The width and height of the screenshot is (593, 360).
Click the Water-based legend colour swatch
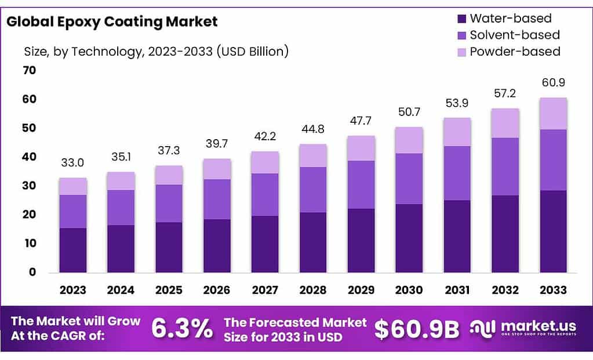[x=461, y=19]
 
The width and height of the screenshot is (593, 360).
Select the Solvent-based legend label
[x=515, y=35]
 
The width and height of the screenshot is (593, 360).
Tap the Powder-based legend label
[x=515, y=52]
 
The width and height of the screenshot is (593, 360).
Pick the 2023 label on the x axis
[x=72, y=290]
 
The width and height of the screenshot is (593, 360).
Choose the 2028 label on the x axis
[x=313, y=290]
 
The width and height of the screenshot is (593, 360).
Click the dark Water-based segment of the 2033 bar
[x=554, y=231]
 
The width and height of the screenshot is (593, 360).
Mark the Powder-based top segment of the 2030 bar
[x=409, y=140]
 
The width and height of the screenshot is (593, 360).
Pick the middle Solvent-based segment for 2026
[x=217, y=199]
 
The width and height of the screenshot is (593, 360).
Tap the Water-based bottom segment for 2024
[x=121, y=249]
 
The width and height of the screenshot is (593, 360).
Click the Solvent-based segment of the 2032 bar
[x=505, y=166]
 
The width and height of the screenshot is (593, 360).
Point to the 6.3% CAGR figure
[x=181, y=329]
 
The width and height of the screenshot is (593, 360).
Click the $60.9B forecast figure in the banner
[x=417, y=329]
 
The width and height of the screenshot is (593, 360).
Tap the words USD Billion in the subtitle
[x=252, y=51]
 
